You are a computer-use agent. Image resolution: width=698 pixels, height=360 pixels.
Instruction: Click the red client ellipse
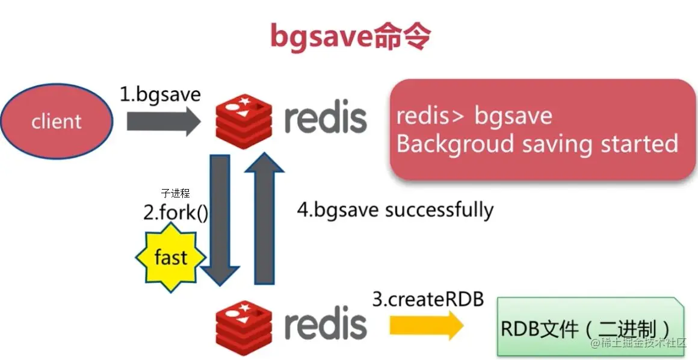pyautogui.click(x=57, y=121)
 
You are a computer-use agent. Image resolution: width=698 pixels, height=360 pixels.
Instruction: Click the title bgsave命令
pyautogui.click(x=350, y=37)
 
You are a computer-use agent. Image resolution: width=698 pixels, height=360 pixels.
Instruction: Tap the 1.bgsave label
pyautogui.click(x=159, y=95)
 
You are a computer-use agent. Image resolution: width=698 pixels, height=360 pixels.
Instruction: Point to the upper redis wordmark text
pyautogui.click(x=325, y=119)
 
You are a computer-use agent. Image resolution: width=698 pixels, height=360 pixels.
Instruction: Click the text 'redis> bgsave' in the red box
pyautogui.click(x=474, y=116)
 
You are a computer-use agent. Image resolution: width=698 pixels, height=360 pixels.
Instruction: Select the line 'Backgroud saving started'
pyautogui.click(x=537, y=144)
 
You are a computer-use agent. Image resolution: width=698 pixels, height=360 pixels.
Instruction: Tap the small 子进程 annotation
pyautogui.click(x=175, y=193)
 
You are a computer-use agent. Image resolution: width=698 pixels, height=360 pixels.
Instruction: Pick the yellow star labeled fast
pyautogui.click(x=170, y=258)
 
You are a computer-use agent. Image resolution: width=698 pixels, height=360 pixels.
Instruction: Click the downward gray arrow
pyautogui.click(x=220, y=220)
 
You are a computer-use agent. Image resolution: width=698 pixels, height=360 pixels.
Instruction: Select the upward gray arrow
pyautogui.click(x=265, y=217)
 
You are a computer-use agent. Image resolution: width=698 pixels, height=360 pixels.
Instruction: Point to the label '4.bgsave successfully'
pyautogui.click(x=395, y=210)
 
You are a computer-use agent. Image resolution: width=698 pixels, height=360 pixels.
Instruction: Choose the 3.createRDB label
pyautogui.click(x=428, y=299)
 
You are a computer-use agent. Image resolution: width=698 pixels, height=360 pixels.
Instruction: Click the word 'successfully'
pyautogui.click(x=439, y=210)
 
